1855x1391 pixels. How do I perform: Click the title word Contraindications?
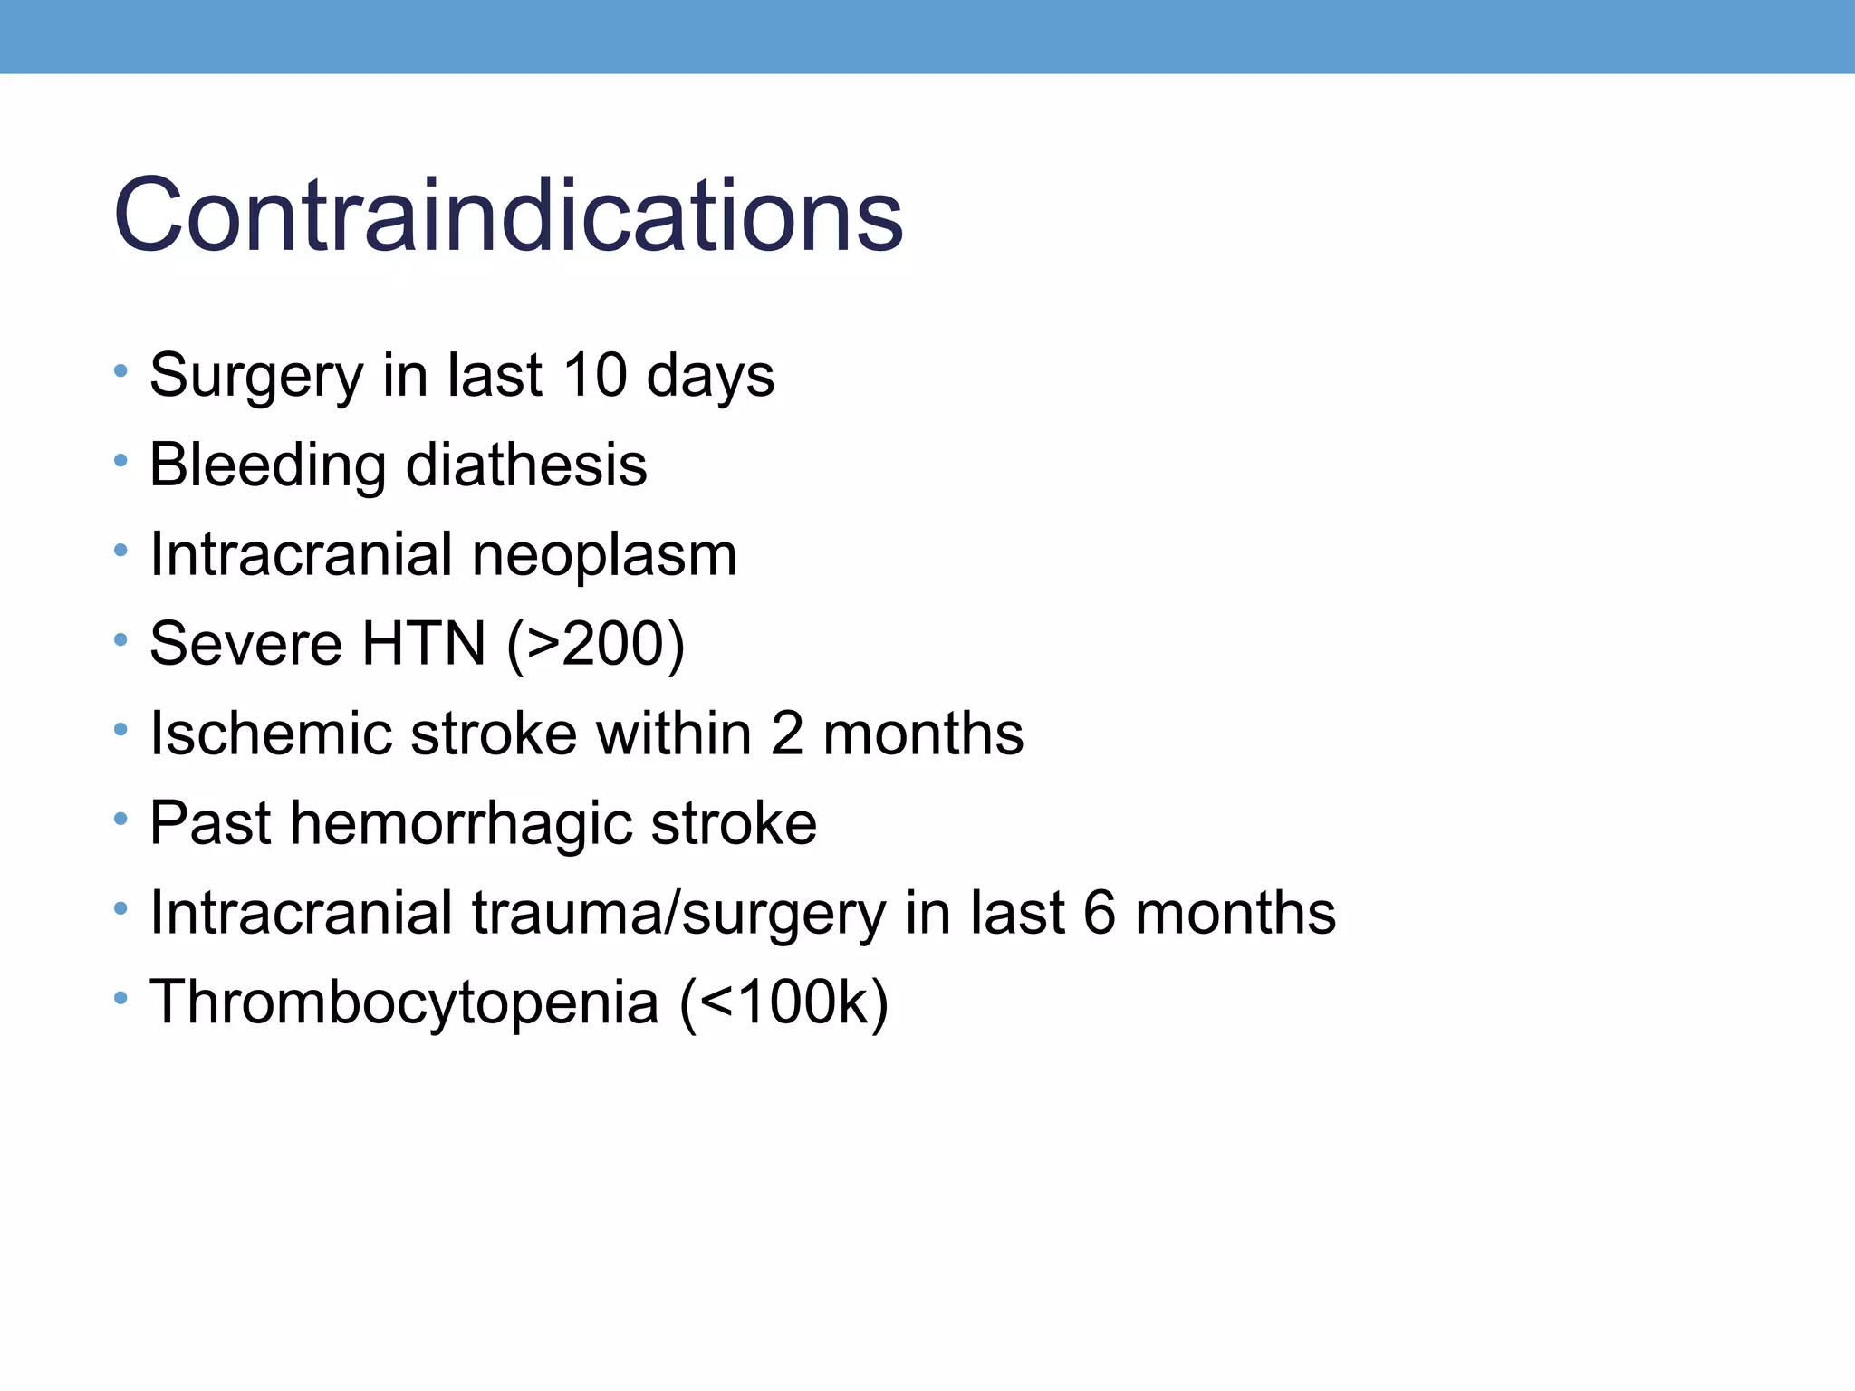[x=508, y=216]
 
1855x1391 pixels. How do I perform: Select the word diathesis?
[x=526, y=465]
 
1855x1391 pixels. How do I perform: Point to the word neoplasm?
[x=604, y=554]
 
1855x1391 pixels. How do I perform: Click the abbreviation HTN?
[x=424, y=644]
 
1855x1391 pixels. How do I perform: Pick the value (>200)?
[x=595, y=644]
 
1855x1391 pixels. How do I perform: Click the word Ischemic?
[x=271, y=733]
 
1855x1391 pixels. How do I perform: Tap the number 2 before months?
[x=787, y=733]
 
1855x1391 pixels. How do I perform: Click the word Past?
[x=210, y=823]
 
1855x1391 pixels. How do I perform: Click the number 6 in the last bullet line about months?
[x=1099, y=913]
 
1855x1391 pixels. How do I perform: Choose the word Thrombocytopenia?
[x=404, y=1002]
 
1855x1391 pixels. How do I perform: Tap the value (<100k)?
[x=784, y=1002]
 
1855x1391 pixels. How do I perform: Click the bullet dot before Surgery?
[x=120, y=371]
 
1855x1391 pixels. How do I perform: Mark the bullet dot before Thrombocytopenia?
[x=120, y=999]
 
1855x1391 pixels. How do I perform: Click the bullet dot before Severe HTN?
[x=120, y=640]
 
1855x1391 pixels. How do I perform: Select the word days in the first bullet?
[x=710, y=375]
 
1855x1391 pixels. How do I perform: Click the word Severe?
[x=246, y=644]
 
